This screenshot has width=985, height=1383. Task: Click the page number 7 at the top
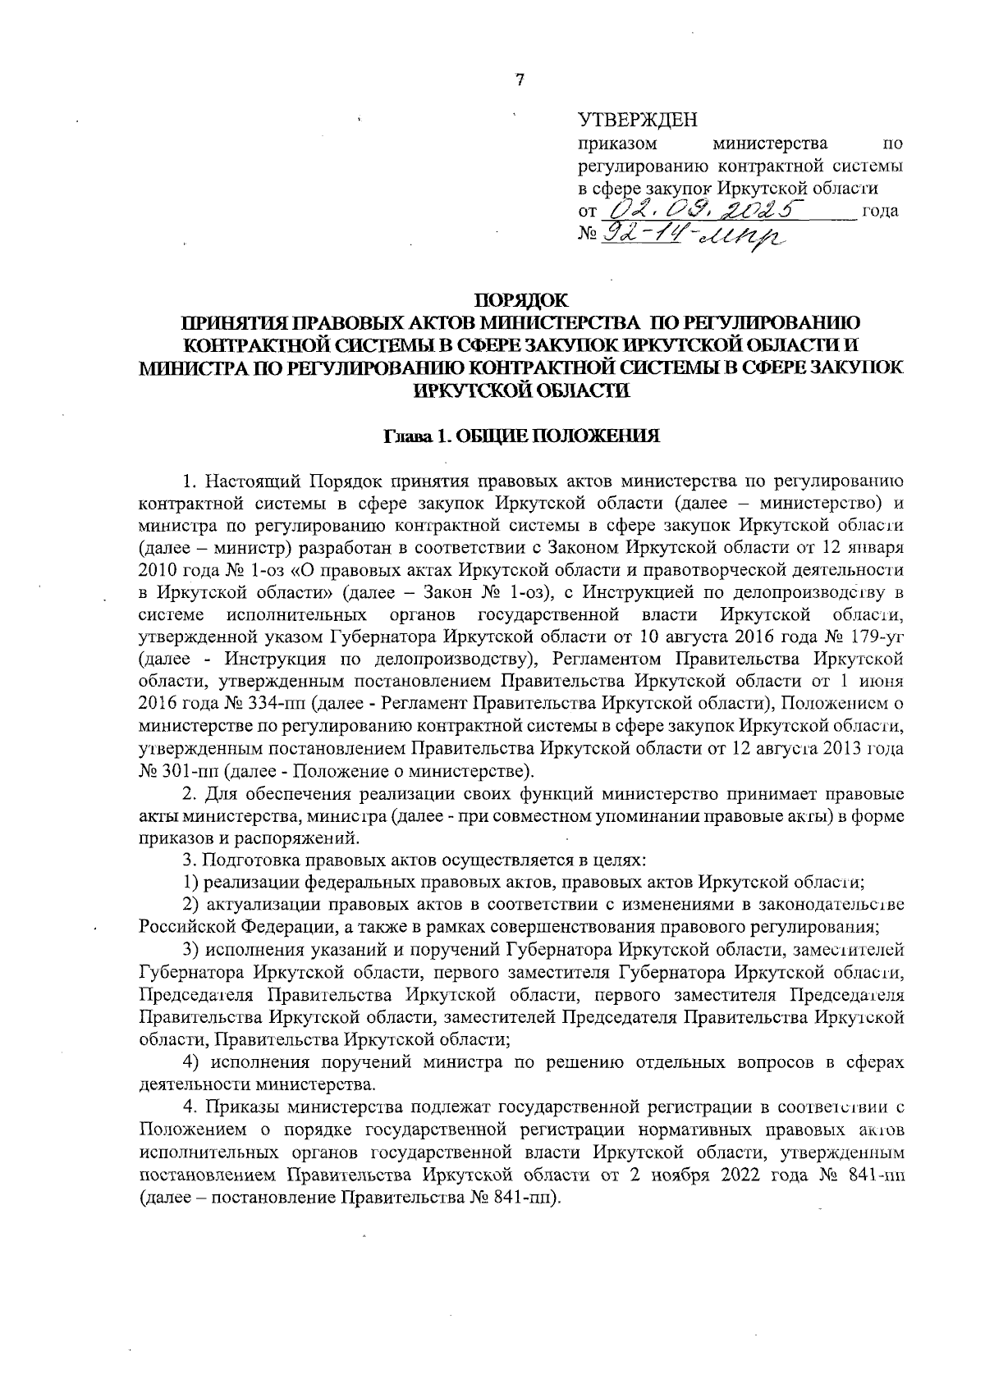pos(519,80)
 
